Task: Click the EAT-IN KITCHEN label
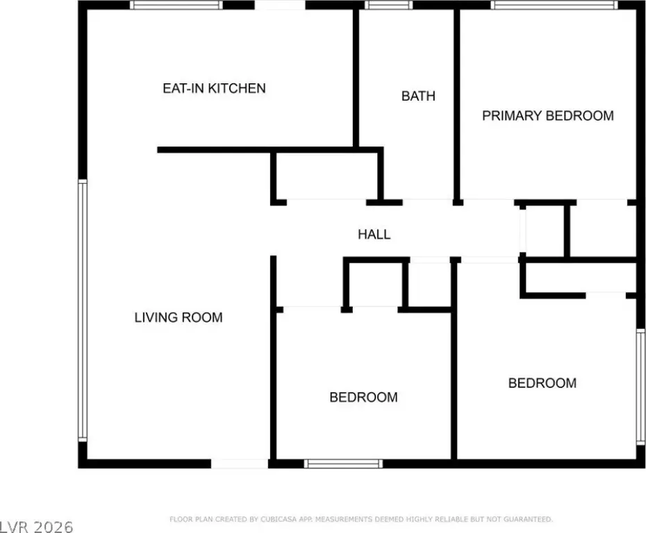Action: click(x=214, y=88)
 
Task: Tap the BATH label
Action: click(x=418, y=96)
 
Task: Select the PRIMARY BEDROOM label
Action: click(x=548, y=116)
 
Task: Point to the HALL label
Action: click(x=374, y=234)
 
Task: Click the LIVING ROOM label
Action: click(x=179, y=317)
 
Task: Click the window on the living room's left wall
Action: click(x=83, y=311)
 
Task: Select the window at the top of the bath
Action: click(x=388, y=5)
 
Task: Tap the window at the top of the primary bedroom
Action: click(x=554, y=5)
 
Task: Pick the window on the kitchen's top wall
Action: click(x=176, y=5)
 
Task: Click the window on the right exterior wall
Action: click(x=640, y=387)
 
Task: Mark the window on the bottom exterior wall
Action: click(x=344, y=464)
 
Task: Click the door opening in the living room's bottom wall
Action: click(x=240, y=464)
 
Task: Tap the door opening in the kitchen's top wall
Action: click(x=280, y=5)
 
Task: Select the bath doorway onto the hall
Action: click(x=428, y=202)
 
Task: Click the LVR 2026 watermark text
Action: click(x=37, y=527)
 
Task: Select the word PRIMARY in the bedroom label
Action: click(x=512, y=116)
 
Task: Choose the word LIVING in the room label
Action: click(x=156, y=317)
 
